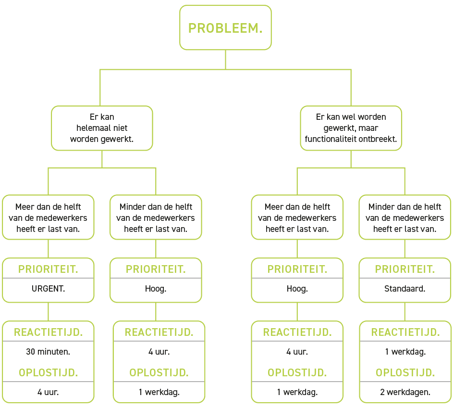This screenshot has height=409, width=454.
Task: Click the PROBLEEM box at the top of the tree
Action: tap(225, 28)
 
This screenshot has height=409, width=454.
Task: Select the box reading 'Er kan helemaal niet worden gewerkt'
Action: tap(102, 128)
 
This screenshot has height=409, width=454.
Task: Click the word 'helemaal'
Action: tap(93, 128)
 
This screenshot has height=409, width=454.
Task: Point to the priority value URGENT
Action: tap(48, 289)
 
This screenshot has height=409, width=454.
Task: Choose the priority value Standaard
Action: tap(405, 289)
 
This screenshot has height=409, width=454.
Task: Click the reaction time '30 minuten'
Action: tap(48, 351)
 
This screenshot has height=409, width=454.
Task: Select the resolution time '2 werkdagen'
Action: tap(405, 392)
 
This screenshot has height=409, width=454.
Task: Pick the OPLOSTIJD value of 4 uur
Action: tap(48, 392)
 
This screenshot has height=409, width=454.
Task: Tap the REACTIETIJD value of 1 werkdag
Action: tap(405, 351)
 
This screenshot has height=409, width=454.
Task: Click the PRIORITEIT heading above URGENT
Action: tap(48, 269)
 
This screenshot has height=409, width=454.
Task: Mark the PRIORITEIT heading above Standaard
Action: tap(405, 269)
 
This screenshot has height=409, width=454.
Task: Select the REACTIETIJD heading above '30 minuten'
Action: tap(48, 332)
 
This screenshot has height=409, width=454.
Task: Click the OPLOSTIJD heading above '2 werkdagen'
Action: tap(405, 372)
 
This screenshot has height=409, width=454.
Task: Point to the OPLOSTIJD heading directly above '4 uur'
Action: tap(48, 372)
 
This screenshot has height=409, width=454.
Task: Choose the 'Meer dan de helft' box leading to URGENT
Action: tap(48, 217)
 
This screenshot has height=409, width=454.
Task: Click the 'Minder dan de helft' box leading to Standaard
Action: tap(405, 217)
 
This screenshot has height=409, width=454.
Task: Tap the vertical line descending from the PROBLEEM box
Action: tap(225, 59)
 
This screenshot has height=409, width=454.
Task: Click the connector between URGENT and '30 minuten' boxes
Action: tap(48, 311)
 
